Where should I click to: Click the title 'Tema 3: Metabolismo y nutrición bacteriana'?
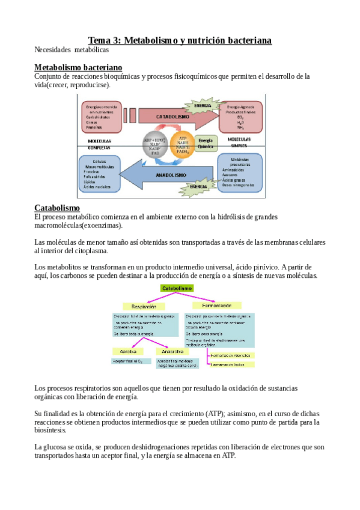[180, 40]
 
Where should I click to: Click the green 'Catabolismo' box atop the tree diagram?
[177, 289]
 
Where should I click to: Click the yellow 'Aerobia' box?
[127, 351]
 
